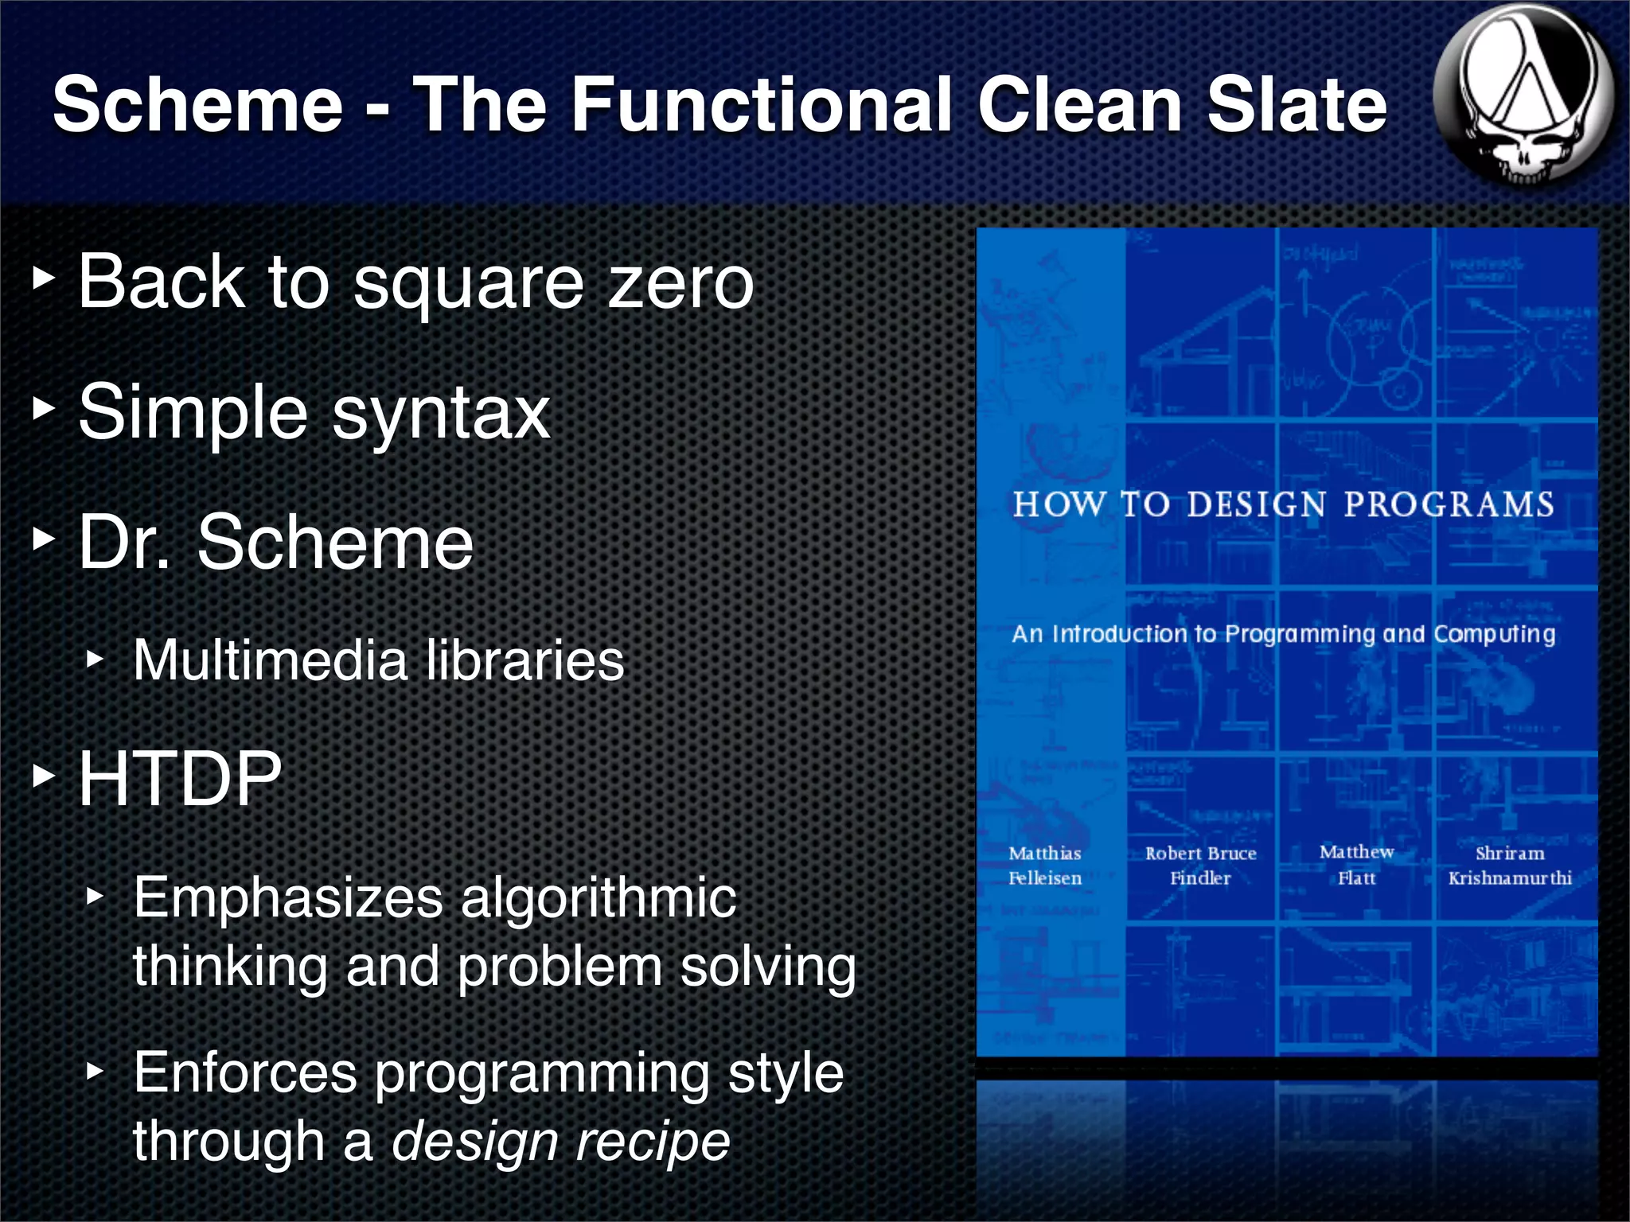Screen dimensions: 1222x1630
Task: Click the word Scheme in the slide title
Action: (197, 105)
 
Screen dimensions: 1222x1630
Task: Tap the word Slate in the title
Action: (1297, 105)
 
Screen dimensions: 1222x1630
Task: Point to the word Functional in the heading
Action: (761, 105)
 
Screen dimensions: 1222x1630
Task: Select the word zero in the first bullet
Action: (680, 282)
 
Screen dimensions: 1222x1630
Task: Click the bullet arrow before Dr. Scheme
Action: (44, 540)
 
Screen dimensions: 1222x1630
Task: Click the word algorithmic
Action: (599, 897)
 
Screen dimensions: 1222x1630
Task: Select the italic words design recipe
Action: (560, 1141)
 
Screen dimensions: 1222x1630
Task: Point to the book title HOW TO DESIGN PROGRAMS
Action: (1283, 504)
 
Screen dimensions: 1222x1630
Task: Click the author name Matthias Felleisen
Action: (1045, 866)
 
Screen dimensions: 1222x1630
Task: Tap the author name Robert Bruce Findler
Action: (1200, 866)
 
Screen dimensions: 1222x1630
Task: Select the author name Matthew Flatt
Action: (1356, 865)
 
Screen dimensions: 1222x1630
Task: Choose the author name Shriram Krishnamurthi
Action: (1510, 866)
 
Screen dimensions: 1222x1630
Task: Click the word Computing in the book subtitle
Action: (1494, 634)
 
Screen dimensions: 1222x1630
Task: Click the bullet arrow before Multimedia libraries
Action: (95, 660)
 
